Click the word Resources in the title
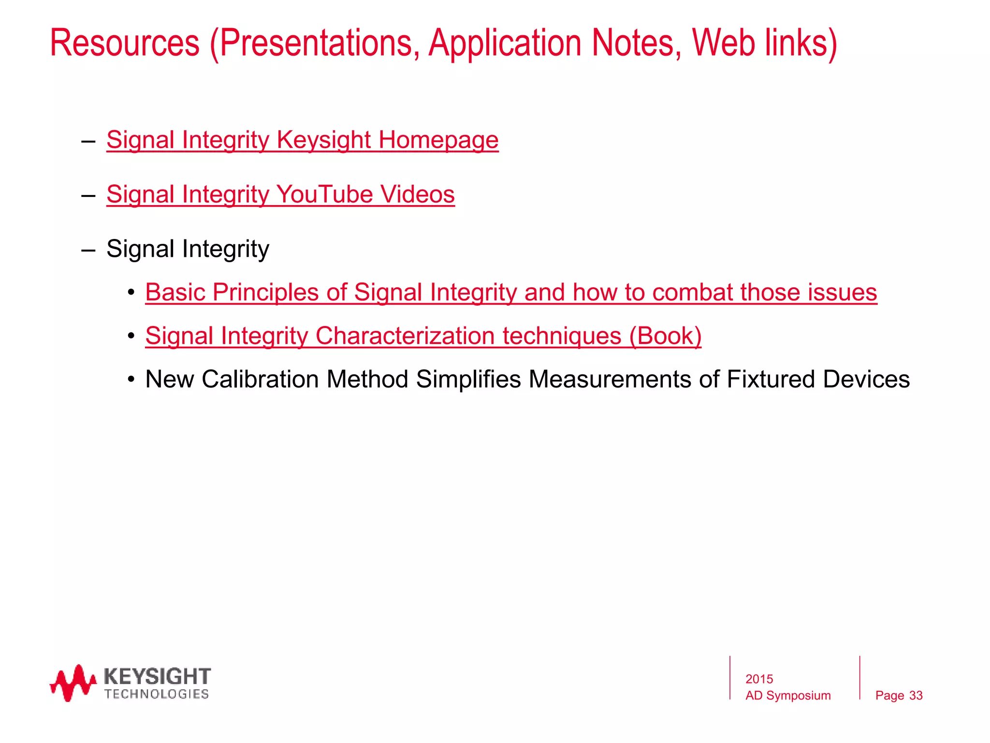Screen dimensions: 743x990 click(125, 44)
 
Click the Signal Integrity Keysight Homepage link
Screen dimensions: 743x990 click(302, 140)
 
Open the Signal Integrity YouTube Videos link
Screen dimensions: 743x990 click(280, 195)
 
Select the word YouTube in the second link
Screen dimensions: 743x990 click(324, 195)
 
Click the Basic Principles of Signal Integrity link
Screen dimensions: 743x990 click(511, 293)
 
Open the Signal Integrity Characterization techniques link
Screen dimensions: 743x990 click(423, 336)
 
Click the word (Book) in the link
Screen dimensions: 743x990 click(665, 336)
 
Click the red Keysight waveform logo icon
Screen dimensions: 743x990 click(73, 683)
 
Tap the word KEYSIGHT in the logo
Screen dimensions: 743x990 click(157, 676)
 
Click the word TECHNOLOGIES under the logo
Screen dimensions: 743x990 click(157, 694)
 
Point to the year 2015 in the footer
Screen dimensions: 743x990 click(759, 679)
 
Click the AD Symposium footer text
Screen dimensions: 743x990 click(788, 696)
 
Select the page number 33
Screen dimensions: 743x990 click(916, 696)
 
